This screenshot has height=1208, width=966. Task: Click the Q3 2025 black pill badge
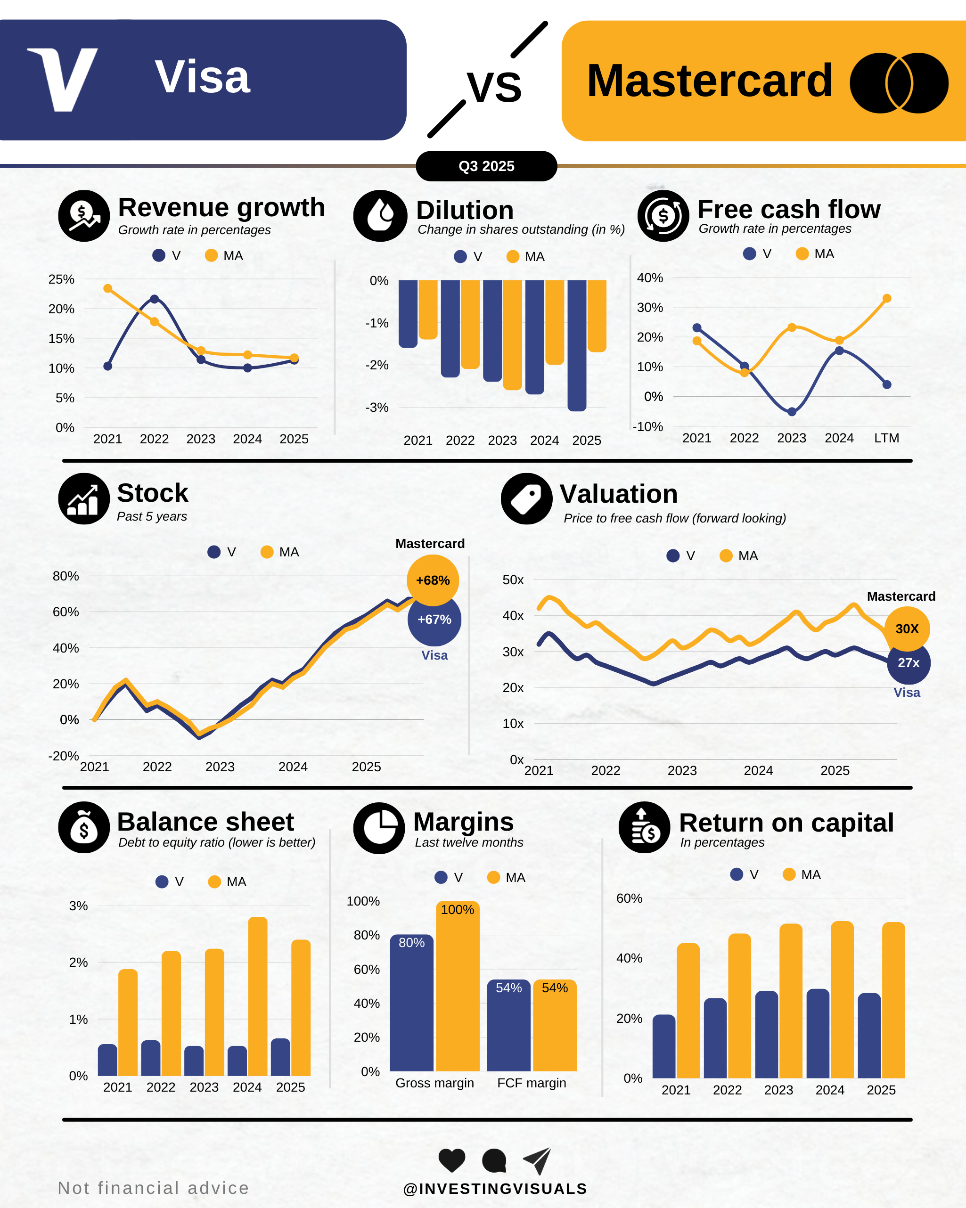coord(486,166)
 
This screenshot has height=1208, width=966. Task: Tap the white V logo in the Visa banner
coord(63,80)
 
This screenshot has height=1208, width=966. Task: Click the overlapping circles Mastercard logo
coord(899,83)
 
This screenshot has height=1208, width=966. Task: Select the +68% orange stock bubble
coord(433,580)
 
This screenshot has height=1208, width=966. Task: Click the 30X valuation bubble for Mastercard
coord(907,628)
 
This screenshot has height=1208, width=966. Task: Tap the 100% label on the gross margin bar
coord(457,910)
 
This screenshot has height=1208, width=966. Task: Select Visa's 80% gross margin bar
coord(411,1003)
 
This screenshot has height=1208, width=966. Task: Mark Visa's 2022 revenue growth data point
coord(155,299)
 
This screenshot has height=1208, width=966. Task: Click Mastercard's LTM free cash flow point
coord(887,299)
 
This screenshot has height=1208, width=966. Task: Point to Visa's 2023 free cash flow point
coord(792,412)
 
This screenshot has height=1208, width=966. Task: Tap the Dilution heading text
coord(465,211)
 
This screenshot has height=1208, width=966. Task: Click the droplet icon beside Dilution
coord(380,216)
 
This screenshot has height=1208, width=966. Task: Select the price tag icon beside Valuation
coord(526,498)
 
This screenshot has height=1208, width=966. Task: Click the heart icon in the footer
coord(451,1160)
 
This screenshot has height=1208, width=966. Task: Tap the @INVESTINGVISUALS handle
coord(495,1189)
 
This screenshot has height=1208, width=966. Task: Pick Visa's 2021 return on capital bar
coord(664,1046)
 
